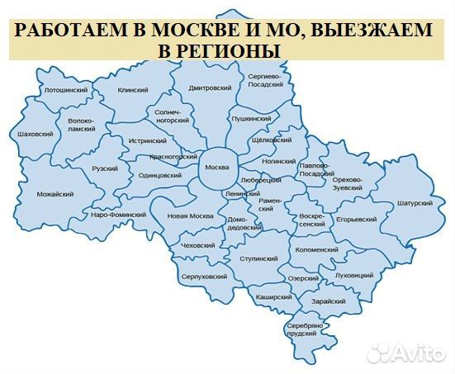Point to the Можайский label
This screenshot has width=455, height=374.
point(55,194)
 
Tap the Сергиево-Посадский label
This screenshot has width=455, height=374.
point(265,79)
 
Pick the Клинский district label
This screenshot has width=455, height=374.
point(132,91)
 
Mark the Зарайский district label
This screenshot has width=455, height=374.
point(329,302)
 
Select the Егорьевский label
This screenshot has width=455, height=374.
point(356,220)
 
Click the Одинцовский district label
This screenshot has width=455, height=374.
point(160,175)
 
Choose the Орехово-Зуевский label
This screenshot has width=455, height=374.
point(347,184)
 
